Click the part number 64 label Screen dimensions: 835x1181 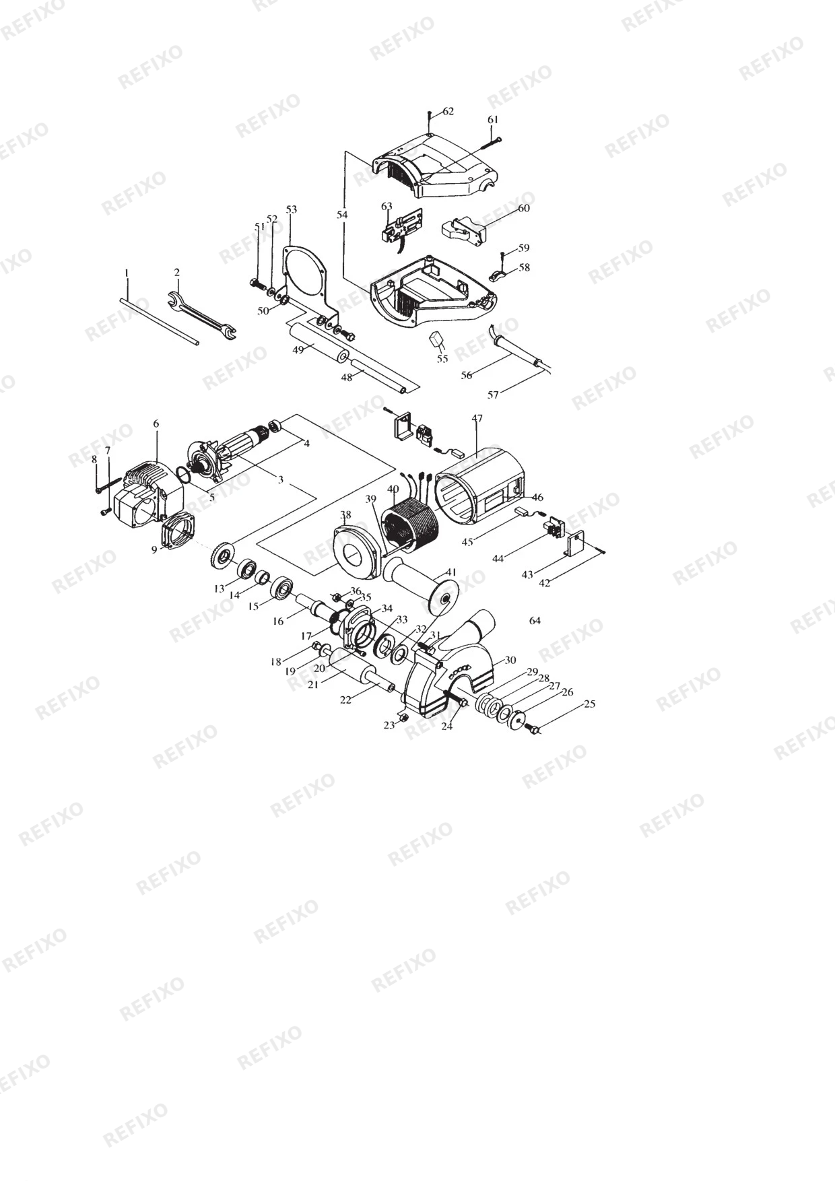[535, 620]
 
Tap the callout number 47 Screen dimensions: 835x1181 [477, 418]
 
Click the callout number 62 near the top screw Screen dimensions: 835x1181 [448, 111]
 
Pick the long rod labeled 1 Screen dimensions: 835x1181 [161, 321]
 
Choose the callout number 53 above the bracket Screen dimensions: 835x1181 [291, 209]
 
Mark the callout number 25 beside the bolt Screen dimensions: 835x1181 [590, 704]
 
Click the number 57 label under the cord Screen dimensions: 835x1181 [493, 395]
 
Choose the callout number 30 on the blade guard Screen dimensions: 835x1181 [510, 660]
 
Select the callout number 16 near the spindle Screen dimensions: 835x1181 [278, 621]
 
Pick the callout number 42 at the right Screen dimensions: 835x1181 [545, 583]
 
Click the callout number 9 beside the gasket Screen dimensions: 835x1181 [154, 550]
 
